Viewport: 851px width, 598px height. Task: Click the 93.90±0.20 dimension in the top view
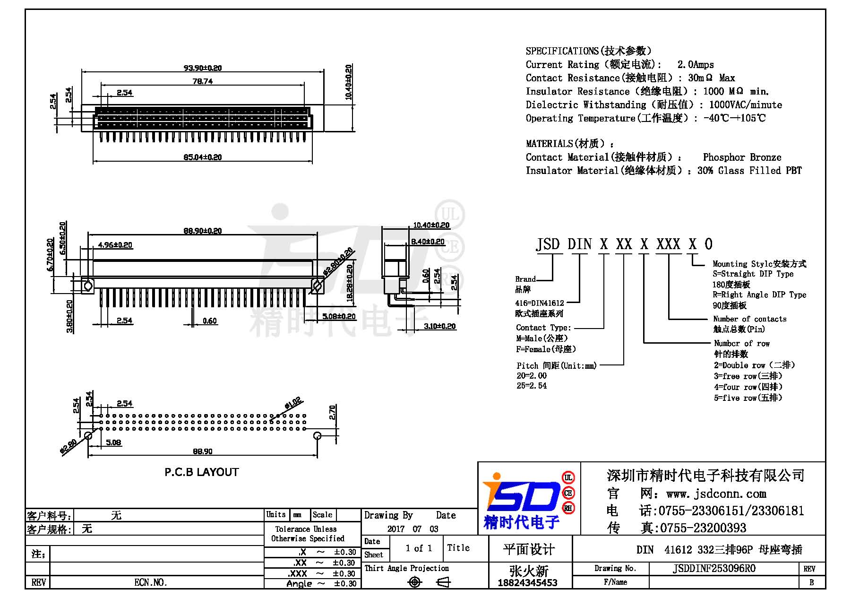click(x=203, y=68)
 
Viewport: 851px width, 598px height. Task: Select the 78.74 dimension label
click(x=203, y=81)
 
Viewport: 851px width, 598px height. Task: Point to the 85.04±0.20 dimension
click(x=203, y=157)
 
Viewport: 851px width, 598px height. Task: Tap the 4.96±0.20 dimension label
click(x=115, y=245)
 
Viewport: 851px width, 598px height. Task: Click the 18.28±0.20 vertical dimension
click(x=350, y=283)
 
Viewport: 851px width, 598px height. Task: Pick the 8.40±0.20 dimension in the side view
click(x=428, y=242)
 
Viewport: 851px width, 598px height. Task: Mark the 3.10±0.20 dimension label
click(x=440, y=326)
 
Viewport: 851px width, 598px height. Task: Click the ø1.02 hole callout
click(x=293, y=404)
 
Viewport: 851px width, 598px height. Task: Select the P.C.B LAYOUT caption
click(x=202, y=472)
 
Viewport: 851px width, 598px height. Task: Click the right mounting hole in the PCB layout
click(x=318, y=435)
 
